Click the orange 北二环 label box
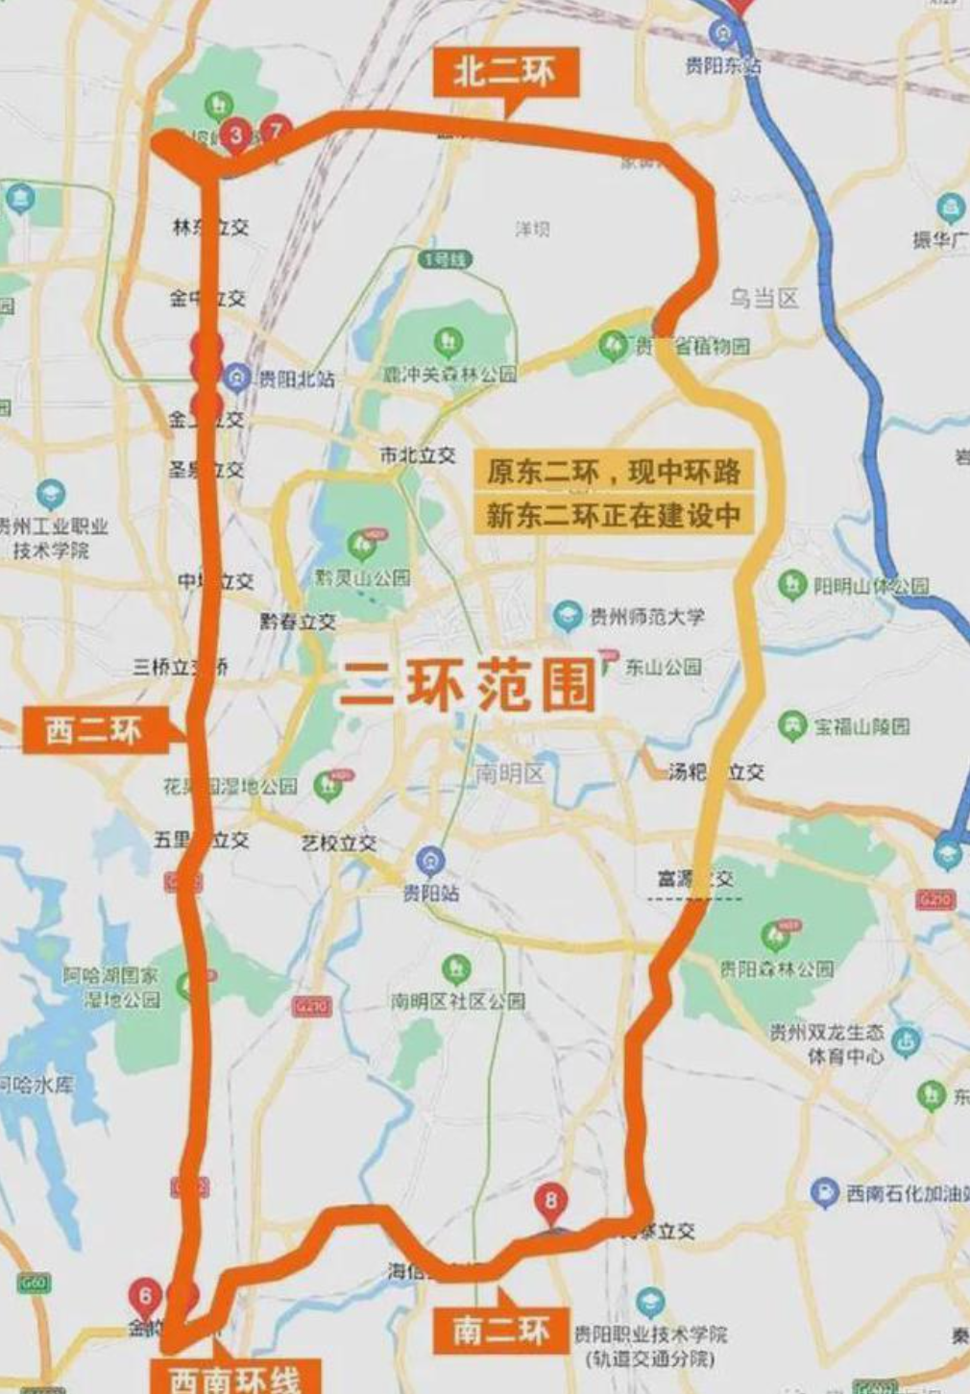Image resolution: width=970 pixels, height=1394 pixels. coord(505,72)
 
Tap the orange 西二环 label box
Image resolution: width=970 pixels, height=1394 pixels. coord(94,730)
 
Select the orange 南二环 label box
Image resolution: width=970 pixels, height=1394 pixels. coord(500,1331)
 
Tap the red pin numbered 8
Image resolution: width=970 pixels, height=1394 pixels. coord(550,1201)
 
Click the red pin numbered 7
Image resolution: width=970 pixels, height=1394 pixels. coord(277,129)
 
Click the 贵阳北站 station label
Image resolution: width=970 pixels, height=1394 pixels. coord(296,379)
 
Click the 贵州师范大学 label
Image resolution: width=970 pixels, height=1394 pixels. coord(647,616)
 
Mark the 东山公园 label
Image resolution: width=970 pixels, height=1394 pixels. coord(663,666)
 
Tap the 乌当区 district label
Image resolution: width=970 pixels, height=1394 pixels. coord(764,299)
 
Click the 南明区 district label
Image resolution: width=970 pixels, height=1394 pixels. coord(509,772)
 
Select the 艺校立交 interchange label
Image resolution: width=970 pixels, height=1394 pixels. coord(339,843)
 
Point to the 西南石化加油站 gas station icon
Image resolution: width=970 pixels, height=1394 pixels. coord(824,1192)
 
